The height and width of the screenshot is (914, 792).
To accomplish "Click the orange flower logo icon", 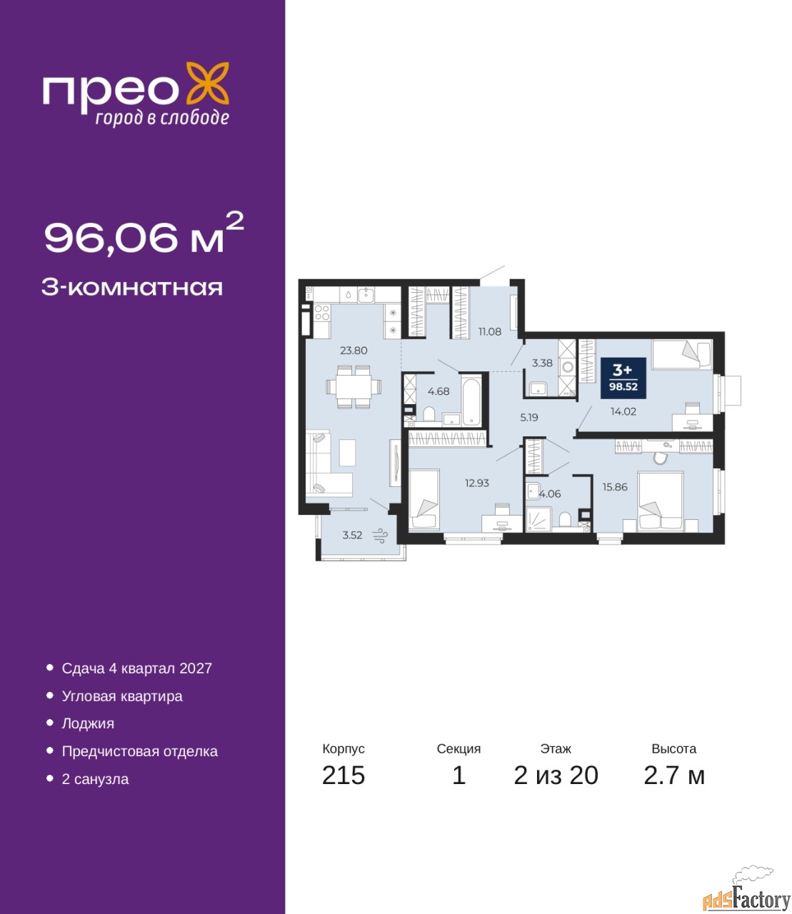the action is point(207,83).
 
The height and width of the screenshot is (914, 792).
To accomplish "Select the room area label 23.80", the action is point(354,351).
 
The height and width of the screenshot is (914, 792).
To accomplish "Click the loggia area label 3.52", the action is point(352,535).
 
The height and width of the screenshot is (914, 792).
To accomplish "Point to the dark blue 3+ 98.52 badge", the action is point(623,378).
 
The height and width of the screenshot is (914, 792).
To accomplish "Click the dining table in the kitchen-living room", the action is point(354,386).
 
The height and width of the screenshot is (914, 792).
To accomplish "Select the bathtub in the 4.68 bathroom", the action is point(470,400).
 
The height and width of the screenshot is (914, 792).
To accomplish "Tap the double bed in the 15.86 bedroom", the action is point(660,501).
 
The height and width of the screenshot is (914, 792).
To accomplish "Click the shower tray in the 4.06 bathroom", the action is point(538,519).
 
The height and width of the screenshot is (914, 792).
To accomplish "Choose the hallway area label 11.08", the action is point(489,331).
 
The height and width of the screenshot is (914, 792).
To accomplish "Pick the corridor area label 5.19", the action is point(529,418).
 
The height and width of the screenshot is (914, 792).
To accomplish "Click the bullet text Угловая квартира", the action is point(122,696).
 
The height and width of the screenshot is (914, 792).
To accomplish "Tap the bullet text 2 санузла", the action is point(95,779).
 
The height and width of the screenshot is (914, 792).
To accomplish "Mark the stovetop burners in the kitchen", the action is point(322,313).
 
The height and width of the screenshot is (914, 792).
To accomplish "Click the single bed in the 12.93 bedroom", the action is point(424,499).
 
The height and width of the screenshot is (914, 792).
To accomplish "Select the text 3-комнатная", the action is point(132,288).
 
